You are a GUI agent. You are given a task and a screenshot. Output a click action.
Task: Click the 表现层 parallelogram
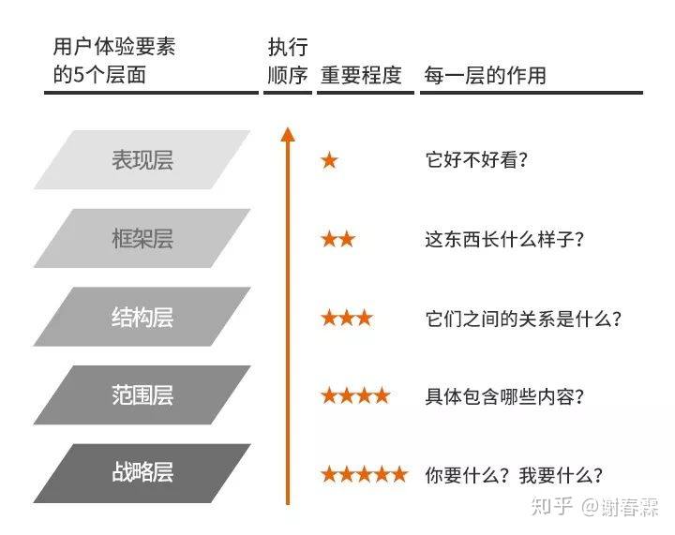142,160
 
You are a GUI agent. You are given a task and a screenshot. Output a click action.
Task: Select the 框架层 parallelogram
142,238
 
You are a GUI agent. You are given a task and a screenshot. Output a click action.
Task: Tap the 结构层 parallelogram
142,317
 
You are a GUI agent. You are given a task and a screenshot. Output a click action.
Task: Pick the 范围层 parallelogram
142,395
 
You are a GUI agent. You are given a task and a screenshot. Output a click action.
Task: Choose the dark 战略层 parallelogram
142,473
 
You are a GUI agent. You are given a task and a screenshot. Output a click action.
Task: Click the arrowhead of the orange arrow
288,134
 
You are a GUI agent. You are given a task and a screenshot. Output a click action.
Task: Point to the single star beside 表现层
329,160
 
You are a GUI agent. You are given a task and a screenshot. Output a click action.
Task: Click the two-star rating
337,239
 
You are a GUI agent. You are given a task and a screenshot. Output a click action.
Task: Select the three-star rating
347,319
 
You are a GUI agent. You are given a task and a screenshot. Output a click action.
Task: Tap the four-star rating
355,395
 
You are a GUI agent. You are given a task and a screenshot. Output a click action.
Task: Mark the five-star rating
364,474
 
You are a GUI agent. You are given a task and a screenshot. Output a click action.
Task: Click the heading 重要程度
361,75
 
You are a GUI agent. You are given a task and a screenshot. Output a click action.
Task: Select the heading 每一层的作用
486,75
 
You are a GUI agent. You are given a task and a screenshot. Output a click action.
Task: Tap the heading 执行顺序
288,61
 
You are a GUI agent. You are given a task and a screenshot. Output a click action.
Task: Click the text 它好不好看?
476,160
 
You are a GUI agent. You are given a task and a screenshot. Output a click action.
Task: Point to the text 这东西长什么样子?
504,239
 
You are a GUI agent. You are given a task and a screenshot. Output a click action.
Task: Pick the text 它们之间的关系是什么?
523,319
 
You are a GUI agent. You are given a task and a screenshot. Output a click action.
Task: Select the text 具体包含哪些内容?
504,396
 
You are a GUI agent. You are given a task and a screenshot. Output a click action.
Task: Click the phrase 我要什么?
561,475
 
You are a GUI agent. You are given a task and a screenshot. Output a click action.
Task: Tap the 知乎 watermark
552,507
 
